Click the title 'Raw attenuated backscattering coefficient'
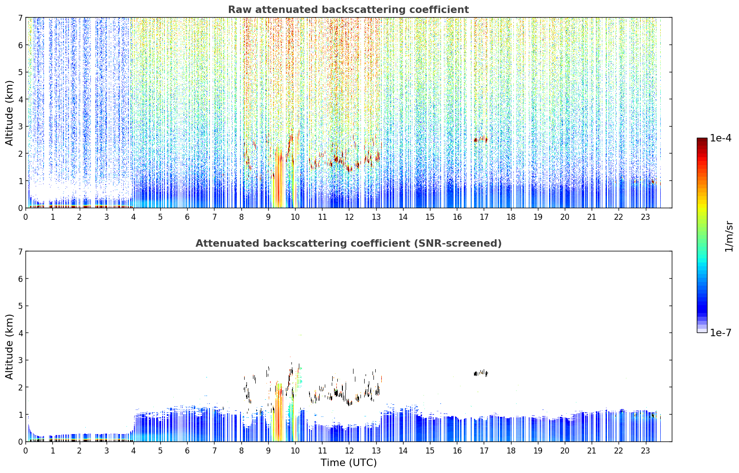(348, 10)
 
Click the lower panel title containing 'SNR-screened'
(348, 243)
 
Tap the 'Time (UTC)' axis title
(348, 463)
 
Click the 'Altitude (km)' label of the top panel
(9, 113)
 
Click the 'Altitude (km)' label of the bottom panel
(9, 346)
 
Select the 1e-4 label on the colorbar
(720, 138)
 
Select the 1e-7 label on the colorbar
(720, 332)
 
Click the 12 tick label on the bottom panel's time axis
(349, 451)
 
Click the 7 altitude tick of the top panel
(20, 18)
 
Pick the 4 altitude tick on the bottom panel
(20, 333)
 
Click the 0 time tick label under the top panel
(26, 217)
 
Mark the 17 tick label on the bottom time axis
(484, 451)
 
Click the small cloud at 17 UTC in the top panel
(480, 140)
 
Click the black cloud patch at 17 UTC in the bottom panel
(480, 373)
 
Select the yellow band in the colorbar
(702, 205)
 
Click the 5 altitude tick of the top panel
(20, 72)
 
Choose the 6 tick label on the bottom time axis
(187, 451)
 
